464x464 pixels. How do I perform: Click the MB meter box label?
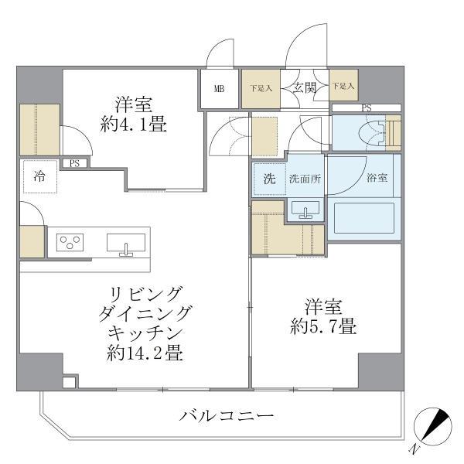(x=220, y=88)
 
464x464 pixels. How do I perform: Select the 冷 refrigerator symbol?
(x=39, y=176)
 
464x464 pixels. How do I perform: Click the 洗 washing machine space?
(x=268, y=179)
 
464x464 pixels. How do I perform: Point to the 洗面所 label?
(x=305, y=179)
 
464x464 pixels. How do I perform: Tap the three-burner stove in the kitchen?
(x=70, y=244)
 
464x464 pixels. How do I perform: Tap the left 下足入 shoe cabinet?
(x=260, y=88)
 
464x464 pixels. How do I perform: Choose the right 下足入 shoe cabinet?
(x=343, y=87)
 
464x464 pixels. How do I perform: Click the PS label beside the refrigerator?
(x=74, y=163)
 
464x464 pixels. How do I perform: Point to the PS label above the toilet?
(x=366, y=107)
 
